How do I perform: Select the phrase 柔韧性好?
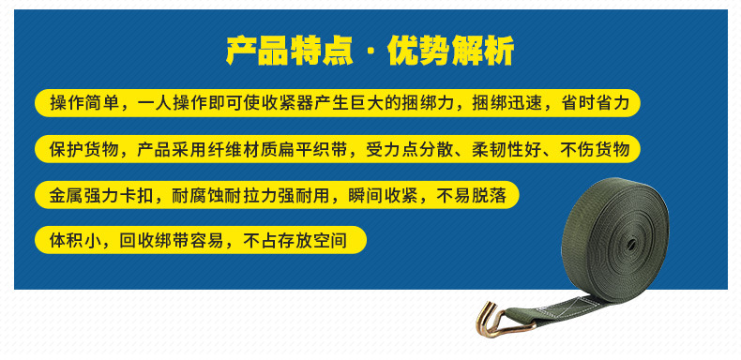tap(510, 150)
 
